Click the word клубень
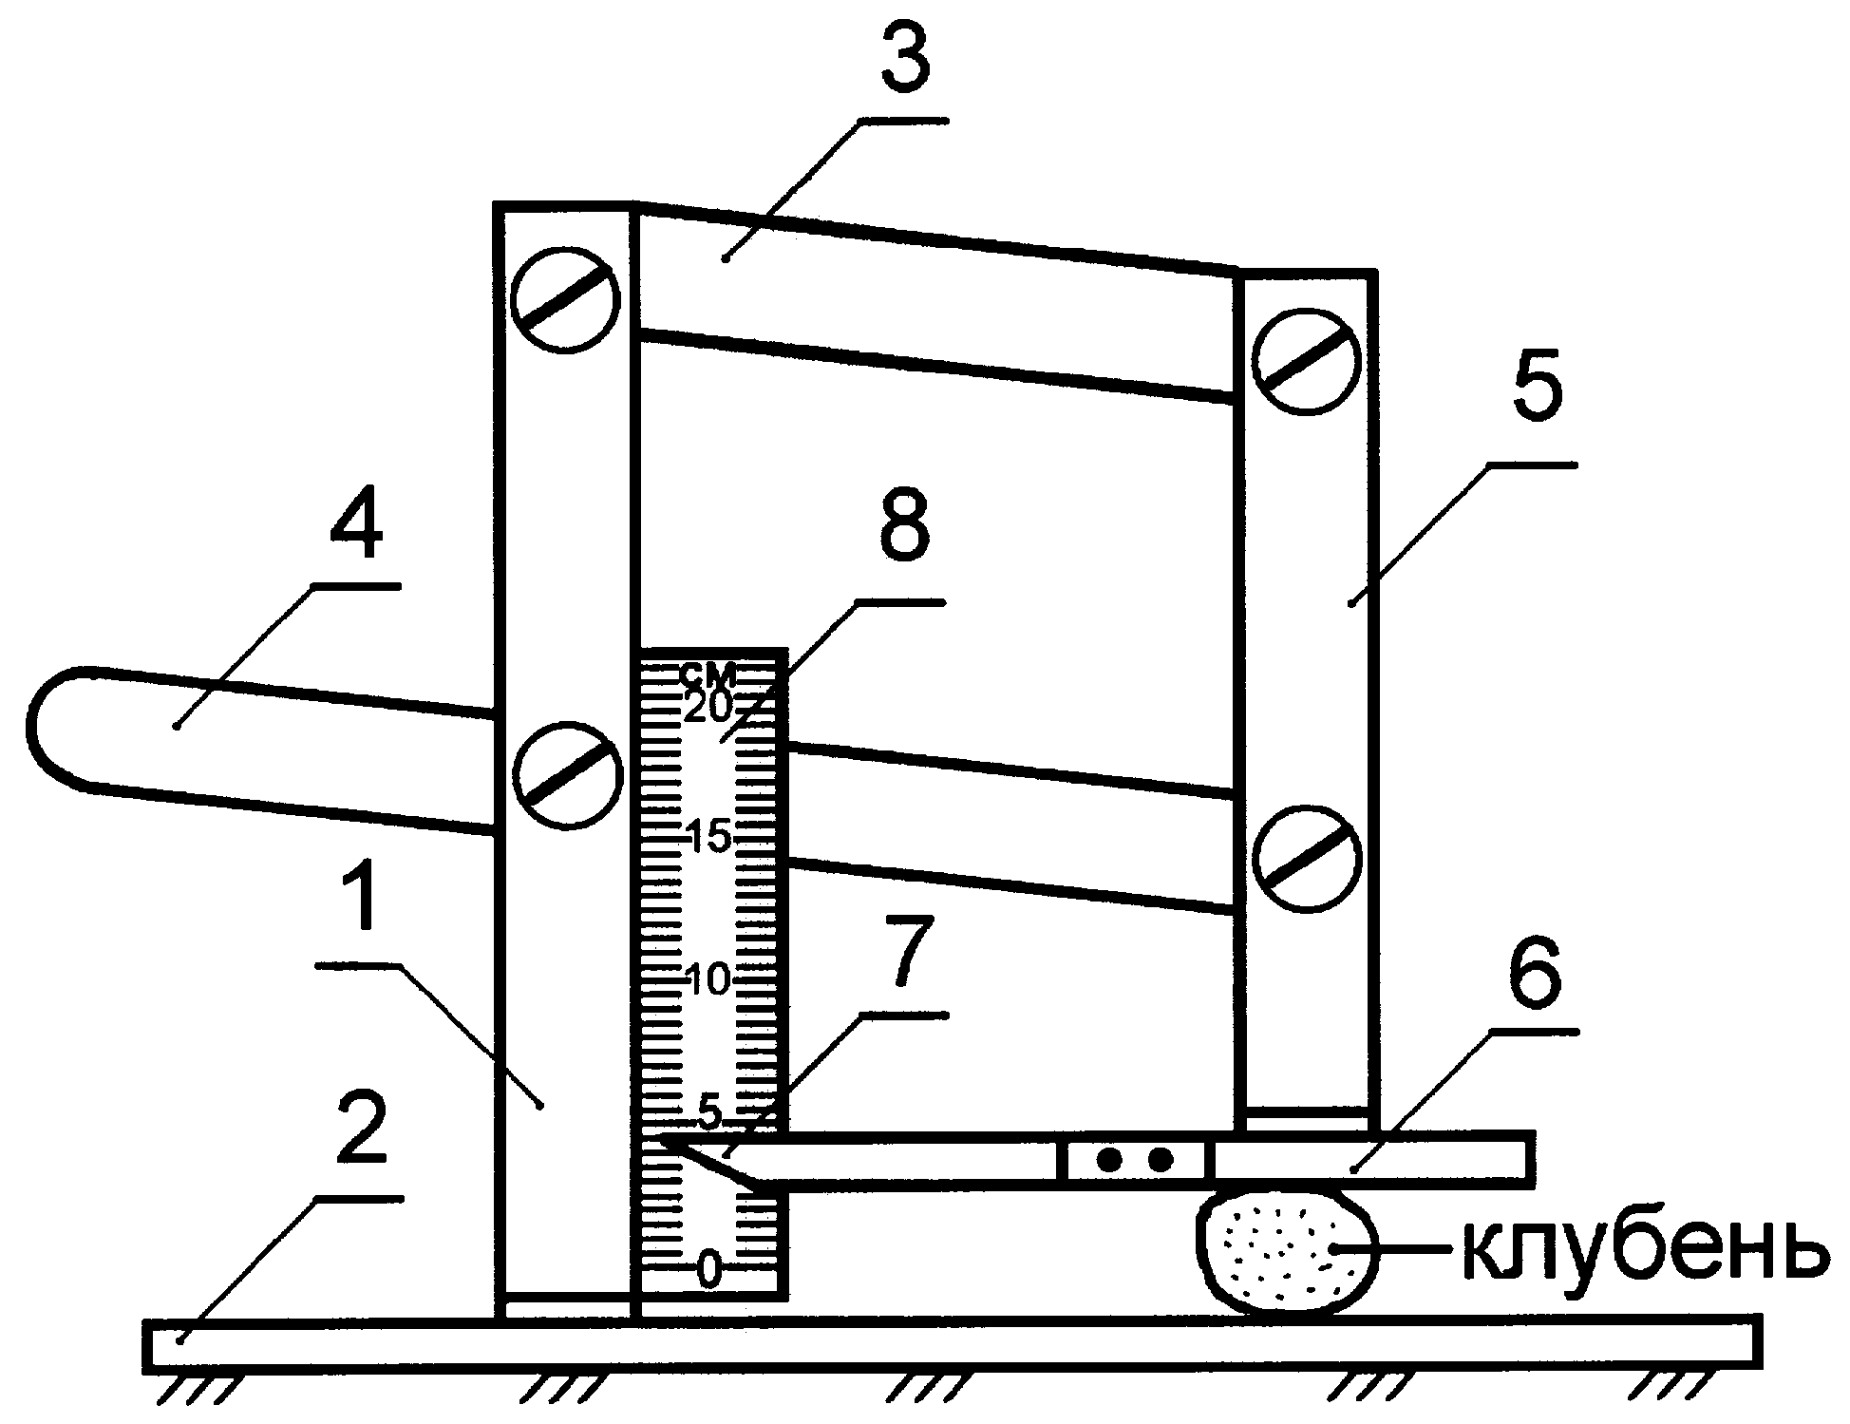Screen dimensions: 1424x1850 (x=1642, y=1251)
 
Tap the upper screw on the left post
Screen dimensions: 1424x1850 (x=566, y=300)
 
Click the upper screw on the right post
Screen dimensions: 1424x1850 (x=1306, y=362)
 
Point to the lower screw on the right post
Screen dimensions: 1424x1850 (x=1307, y=858)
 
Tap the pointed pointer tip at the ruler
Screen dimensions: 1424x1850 (x=670, y=1141)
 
